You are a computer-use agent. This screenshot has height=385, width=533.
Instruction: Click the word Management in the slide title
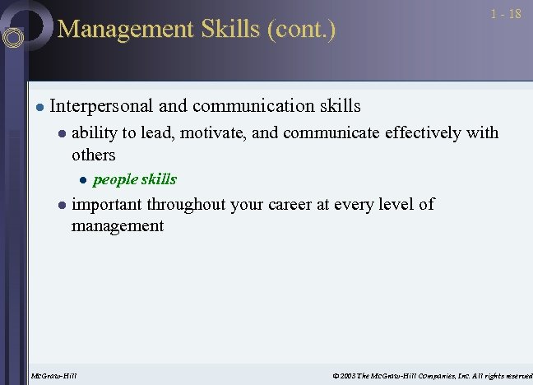114,29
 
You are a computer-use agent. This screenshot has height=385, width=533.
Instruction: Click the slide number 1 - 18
505,15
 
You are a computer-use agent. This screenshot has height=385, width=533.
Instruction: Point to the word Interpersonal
101,106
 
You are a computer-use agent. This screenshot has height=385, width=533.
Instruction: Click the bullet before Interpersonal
38,107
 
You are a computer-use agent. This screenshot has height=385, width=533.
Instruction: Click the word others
94,155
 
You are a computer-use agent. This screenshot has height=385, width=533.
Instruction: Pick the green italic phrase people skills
134,179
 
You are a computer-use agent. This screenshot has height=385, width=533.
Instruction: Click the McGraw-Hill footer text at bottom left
53,376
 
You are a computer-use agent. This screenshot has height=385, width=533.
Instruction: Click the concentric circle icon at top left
14,37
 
